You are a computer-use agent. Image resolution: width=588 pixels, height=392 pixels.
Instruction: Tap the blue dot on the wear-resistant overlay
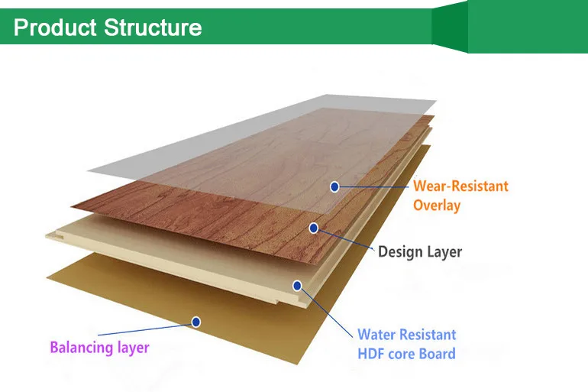click(334, 186)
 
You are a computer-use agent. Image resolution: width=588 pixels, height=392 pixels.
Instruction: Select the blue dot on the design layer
click(314, 228)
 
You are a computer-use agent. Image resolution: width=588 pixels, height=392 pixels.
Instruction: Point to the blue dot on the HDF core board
click(297, 286)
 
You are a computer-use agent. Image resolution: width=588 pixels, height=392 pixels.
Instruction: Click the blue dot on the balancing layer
click(196, 322)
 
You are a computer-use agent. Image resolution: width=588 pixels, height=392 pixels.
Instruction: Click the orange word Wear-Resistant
click(460, 186)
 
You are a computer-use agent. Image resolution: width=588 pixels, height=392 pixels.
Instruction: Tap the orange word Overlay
click(437, 206)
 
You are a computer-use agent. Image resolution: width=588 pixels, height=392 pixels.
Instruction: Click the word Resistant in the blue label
click(429, 335)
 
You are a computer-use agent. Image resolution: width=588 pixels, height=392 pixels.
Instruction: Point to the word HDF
click(372, 354)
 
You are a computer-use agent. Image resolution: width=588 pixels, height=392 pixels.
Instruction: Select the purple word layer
click(132, 348)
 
